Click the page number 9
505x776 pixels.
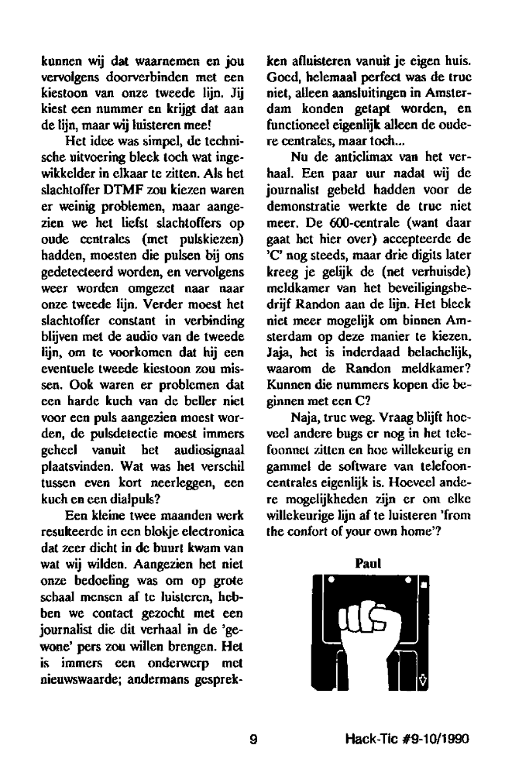click(x=252, y=739)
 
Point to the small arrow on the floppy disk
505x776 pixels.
click(x=423, y=681)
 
